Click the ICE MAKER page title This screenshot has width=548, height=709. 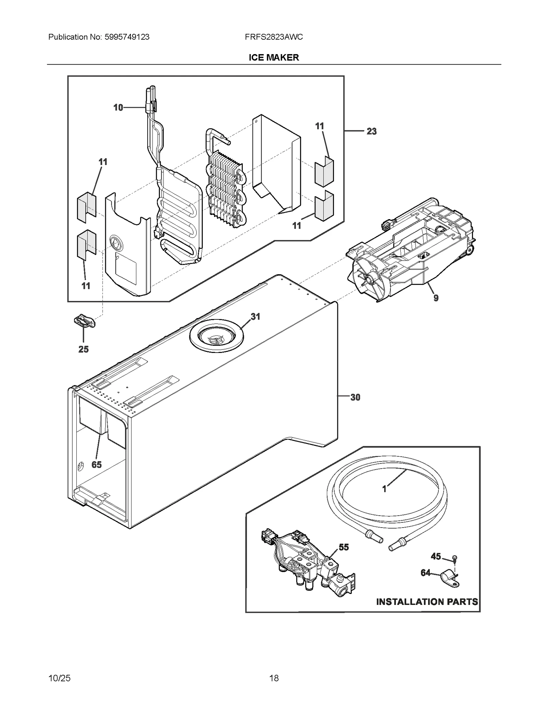pos(274,58)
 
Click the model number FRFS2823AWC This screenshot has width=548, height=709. pos(274,37)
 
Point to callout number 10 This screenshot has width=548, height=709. pos(118,108)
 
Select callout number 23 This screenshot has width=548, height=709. pos(372,131)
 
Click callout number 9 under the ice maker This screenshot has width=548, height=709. pos(436,298)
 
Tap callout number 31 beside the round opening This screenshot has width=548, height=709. pos(256,317)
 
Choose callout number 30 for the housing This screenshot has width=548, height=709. pos(355,397)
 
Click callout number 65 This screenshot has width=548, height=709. pos(97,465)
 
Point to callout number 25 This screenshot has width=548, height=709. pos(84,350)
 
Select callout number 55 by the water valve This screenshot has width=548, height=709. pos(344,547)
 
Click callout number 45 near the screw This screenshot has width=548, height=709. pos(436,557)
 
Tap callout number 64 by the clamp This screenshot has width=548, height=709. pos(425,573)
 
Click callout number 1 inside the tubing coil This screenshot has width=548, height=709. pos(384,489)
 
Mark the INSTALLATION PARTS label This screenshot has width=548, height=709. pos(427,602)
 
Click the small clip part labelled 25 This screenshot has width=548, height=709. pos(84,321)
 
